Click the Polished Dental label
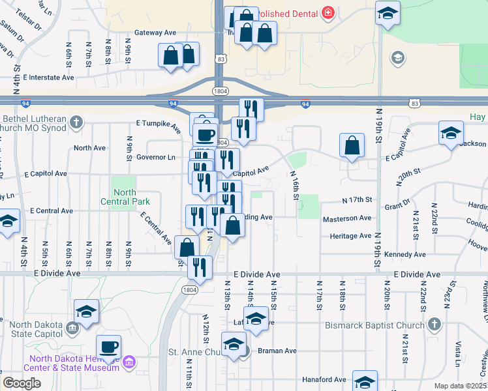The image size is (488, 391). (x=288, y=14)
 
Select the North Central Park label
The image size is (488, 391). (x=125, y=197)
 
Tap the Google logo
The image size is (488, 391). (x=22, y=383)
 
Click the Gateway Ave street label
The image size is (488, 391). (x=155, y=32)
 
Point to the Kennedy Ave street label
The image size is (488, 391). (x=406, y=254)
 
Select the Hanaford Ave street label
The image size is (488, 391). (x=324, y=379)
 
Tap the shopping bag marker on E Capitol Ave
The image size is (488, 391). (x=352, y=147)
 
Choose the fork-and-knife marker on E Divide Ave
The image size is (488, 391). (x=200, y=267)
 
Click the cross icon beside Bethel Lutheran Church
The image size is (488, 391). (x=76, y=121)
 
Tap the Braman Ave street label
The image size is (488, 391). (x=277, y=351)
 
